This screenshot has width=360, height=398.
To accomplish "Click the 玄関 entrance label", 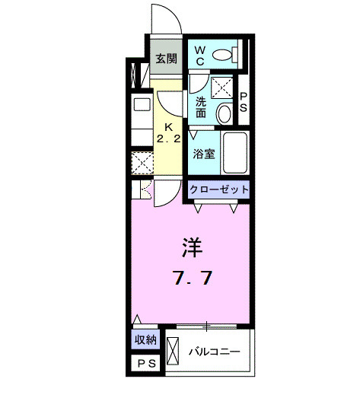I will point(167,59).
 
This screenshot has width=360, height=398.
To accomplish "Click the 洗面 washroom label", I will point(200,107).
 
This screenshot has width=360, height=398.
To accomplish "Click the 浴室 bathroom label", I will point(203,152).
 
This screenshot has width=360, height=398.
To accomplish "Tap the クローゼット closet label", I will point(218,189).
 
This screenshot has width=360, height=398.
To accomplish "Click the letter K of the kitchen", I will point(170,127).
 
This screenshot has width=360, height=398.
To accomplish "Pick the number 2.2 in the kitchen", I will point(170,139).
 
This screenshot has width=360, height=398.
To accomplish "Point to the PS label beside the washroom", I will point(244,102).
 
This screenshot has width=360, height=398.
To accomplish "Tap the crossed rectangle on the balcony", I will point(172,351).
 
